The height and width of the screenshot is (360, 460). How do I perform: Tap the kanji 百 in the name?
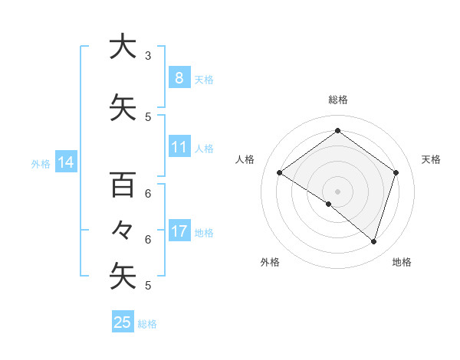[x=123, y=185]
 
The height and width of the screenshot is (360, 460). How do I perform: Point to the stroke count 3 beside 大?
[x=148, y=56]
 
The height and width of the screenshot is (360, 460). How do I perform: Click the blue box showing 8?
[x=179, y=77]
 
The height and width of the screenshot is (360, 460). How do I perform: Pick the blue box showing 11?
[x=179, y=147]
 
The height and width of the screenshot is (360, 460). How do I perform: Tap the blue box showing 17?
[x=179, y=231]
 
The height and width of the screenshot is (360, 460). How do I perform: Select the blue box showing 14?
[x=65, y=162]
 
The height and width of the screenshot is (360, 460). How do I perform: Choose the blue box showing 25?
[x=123, y=322]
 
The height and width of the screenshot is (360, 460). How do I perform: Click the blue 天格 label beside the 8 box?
[x=203, y=79]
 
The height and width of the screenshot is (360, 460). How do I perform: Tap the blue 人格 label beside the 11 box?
[x=203, y=149]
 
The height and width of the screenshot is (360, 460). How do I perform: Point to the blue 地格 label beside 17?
[x=203, y=233]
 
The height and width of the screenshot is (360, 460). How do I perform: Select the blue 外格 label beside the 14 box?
[x=41, y=163]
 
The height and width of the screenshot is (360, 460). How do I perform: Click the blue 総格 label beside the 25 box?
[x=147, y=324]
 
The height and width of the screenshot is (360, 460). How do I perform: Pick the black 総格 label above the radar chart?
[x=337, y=100]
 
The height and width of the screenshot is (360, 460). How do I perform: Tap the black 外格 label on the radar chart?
[x=270, y=262]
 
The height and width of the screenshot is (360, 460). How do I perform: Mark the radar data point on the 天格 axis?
[x=396, y=172]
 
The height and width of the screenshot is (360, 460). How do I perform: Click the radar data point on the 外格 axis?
[x=328, y=204]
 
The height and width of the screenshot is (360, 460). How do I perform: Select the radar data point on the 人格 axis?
[x=279, y=172]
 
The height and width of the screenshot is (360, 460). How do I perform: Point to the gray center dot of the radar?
[x=337, y=191]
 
